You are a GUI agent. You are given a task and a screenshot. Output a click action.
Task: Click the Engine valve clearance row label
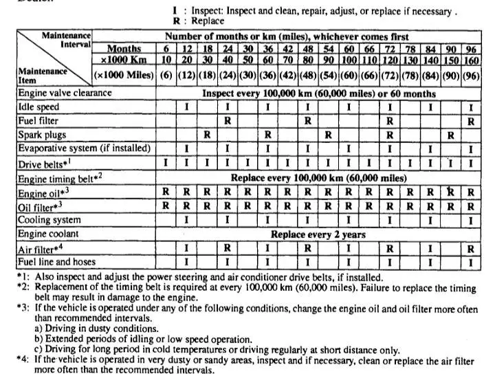65,93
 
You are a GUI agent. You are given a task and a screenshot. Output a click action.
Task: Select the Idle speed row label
38,107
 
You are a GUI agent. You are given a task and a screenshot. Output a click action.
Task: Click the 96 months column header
470,48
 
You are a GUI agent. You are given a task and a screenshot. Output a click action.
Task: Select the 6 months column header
166,48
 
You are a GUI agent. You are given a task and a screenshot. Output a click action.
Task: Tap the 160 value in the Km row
470,60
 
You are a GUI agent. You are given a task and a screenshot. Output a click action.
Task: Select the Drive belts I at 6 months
166,163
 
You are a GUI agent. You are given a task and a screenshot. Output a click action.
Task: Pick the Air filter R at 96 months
470,248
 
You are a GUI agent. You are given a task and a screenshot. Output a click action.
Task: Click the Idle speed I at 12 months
186,107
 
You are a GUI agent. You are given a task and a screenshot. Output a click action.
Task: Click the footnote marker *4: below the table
25,360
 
